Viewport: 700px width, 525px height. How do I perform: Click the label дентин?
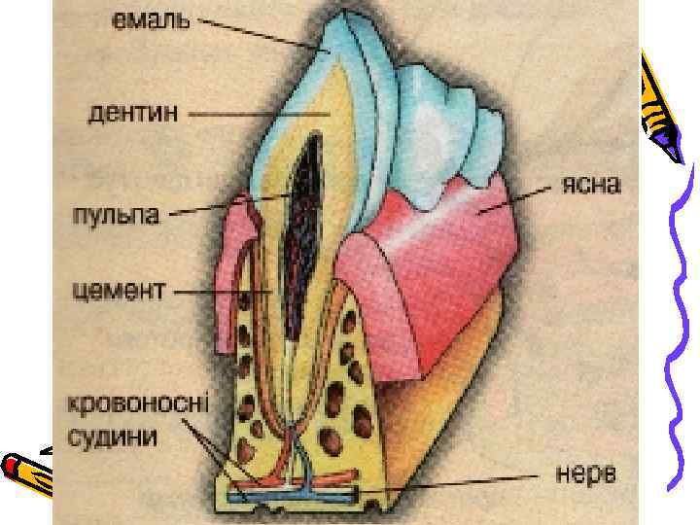pyautogui.click(x=133, y=114)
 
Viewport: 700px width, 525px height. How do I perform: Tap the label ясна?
pyautogui.click(x=592, y=185)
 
